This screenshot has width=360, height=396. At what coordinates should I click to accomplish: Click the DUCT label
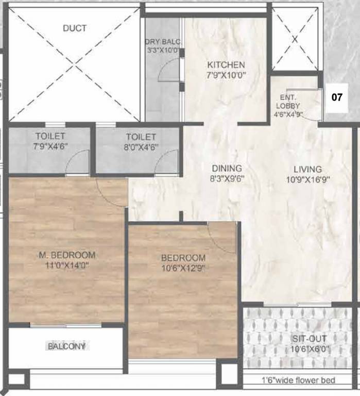(75, 28)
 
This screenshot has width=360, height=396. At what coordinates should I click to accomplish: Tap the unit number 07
(336, 96)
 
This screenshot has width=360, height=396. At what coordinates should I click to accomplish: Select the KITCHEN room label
(226, 65)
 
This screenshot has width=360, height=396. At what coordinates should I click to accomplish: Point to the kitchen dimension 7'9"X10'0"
(226, 75)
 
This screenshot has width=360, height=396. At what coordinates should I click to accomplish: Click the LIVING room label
(307, 169)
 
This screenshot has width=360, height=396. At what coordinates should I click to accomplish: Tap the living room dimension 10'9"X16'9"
(307, 179)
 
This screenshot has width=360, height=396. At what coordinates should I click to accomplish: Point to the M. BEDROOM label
(67, 255)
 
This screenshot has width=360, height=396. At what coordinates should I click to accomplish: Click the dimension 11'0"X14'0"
(67, 265)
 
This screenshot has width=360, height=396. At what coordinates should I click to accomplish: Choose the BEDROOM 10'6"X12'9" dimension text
(183, 268)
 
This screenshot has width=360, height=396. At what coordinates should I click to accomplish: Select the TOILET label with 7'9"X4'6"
(50, 137)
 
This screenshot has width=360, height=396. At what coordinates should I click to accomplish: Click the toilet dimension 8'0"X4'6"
(140, 146)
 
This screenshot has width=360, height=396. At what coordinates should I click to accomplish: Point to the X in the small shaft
(295, 39)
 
